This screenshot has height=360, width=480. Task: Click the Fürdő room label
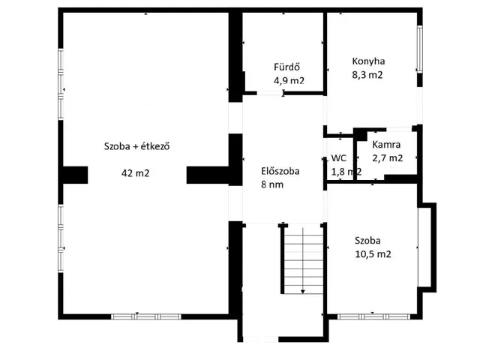tap(286, 67)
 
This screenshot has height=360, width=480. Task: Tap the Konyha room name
tap(368, 61)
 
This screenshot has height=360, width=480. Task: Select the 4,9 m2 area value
tap(289, 80)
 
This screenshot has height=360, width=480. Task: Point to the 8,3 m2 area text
tap(367, 75)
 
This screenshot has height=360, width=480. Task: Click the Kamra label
tap(386, 145)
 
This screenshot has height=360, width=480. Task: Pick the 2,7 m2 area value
tap(387, 158)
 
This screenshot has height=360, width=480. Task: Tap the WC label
tap(338, 158)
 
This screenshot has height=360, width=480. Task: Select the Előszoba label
tap(280, 171)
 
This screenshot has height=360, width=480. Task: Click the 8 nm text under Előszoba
tap(272, 184)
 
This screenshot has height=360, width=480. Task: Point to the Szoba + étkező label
tap(136, 146)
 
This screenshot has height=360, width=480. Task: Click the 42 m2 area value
tap(135, 173)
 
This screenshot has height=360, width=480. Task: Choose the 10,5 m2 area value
tap(373, 253)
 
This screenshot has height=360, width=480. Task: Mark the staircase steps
tap(303, 260)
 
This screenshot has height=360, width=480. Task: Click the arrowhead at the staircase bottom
tap(303, 292)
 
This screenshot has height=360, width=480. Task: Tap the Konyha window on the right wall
tap(420, 49)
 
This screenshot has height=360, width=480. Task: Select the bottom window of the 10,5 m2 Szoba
tap(373, 316)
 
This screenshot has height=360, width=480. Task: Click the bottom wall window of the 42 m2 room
tap(145, 316)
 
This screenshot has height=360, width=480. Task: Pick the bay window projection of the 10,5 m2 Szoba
tap(427, 247)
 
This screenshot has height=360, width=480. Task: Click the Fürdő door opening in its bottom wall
tap(270, 93)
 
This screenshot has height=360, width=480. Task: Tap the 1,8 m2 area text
tap(346, 172)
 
